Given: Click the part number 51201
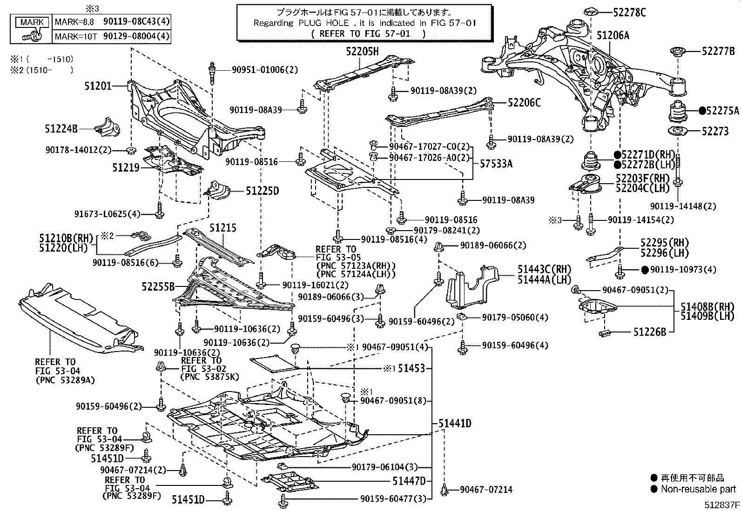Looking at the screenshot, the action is [98, 86].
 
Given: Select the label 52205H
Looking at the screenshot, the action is [362, 51].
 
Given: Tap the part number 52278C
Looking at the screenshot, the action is [629, 12].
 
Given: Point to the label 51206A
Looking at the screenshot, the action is [613, 35].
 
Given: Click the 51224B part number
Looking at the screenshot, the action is [61, 129].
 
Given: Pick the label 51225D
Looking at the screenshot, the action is [263, 191].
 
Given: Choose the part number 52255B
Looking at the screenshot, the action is [158, 286].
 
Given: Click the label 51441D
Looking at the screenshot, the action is [455, 424].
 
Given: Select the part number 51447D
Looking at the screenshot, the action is [409, 481].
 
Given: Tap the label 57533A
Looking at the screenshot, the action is [496, 163].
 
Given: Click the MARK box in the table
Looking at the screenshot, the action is [32, 22].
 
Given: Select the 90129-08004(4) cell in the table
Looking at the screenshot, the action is [136, 36].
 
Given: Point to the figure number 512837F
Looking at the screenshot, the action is [722, 504].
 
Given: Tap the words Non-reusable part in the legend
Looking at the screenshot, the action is [699, 489].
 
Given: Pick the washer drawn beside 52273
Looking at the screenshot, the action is [677, 131].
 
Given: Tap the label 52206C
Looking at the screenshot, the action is [524, 103].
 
